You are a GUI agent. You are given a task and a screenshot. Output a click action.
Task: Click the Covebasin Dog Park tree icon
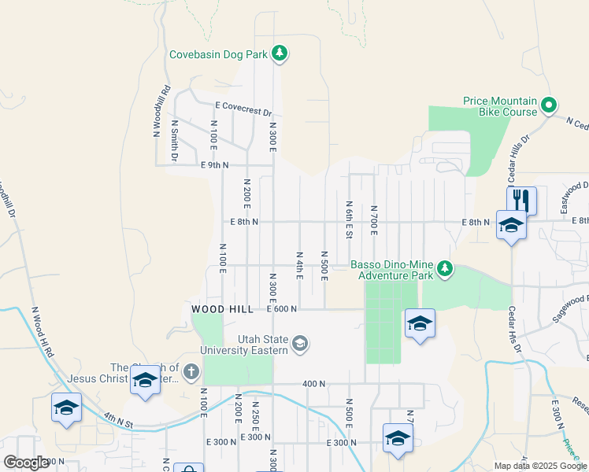coord(279,53)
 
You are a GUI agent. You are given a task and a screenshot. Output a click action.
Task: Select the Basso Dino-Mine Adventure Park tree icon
coord(446,269)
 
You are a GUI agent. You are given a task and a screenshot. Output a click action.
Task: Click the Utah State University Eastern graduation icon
coord(299,343)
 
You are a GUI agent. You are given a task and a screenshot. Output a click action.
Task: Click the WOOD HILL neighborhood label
coord(223,309)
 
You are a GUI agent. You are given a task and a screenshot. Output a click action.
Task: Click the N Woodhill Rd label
coord(162,111)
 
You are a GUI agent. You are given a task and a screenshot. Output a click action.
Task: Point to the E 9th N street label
coord(214,165)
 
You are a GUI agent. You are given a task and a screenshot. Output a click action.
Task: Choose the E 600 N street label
coord(282,309)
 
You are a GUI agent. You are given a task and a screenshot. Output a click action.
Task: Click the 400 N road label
coord(313,384)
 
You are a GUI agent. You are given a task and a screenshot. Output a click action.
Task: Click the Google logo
coord(26,463)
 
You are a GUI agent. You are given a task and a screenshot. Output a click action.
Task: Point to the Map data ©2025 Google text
coord(540,466)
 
